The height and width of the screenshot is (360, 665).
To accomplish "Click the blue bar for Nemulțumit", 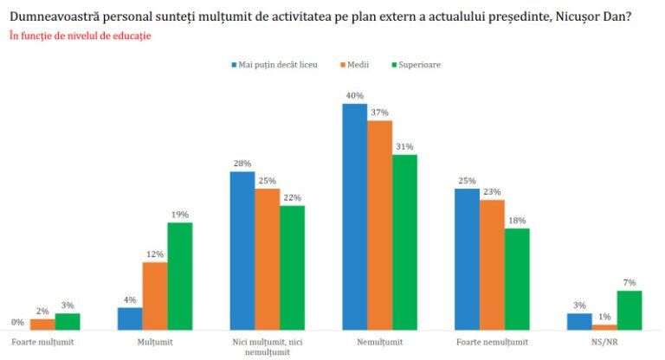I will coord(354,216).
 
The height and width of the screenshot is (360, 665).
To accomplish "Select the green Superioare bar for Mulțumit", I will coord(180,276).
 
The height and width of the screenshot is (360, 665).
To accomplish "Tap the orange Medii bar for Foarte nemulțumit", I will coord(492,265).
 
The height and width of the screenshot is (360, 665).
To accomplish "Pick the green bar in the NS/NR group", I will coord(629,310).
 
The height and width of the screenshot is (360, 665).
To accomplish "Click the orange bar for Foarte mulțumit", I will coord(42,325).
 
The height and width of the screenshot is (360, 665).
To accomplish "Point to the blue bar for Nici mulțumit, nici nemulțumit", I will coord(242,251).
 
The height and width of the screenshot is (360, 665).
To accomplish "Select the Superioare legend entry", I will coord(416,64).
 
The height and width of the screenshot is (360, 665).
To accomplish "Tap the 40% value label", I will coord(354,96).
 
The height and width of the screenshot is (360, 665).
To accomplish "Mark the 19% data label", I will coord(180,215).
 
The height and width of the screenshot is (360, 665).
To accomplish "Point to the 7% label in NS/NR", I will coord(629,283).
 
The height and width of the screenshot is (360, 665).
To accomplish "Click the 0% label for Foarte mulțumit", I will coord(17,323).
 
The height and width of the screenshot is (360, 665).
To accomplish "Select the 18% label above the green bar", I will coord(517,221).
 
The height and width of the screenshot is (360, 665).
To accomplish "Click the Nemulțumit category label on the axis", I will coord(379,342).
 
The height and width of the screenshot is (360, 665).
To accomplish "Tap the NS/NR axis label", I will coord(604,342).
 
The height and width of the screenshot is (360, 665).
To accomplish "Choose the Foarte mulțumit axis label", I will coord(42,342).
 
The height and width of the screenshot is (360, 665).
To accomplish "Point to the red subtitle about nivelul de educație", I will coord(80,36).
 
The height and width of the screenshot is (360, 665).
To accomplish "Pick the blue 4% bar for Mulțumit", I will coord(130,318).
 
